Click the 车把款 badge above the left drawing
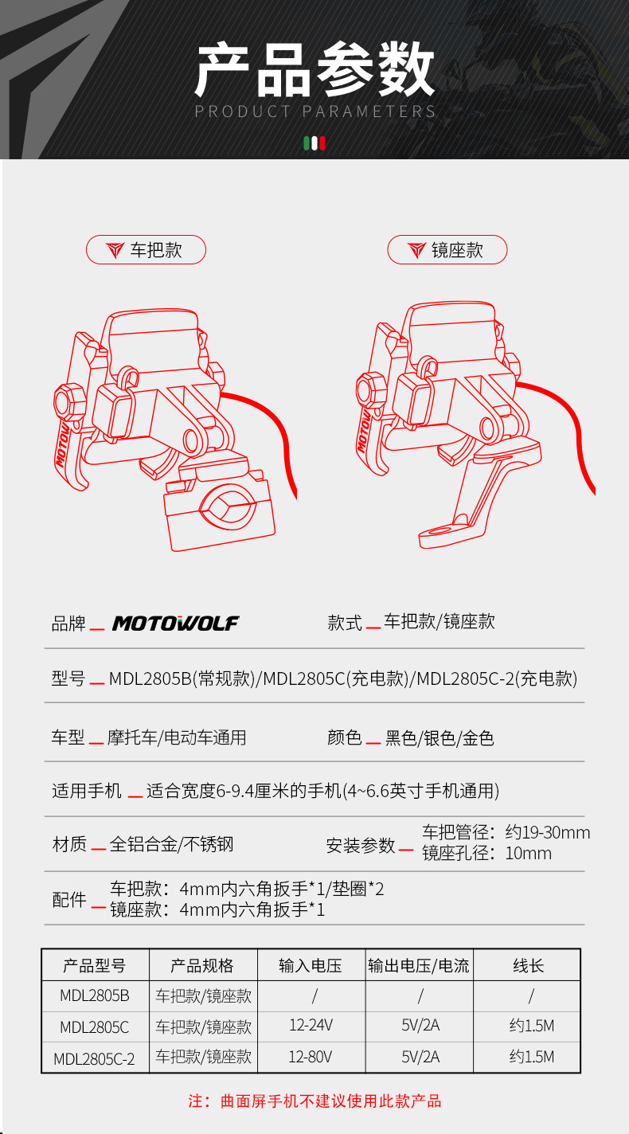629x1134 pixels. click(x=146, y=250)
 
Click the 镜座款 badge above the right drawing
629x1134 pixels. click(x=447, y=250)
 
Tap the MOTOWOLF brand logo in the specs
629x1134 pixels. click(x=175, y=623)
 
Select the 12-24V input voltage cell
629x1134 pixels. click(x=311, y=1026)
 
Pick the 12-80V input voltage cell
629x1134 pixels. click(x=311, y=1057)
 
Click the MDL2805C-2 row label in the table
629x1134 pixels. click(x=95, y=1058)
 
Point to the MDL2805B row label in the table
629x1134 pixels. click(x=95, y=995)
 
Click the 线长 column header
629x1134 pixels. click(x=527, y=965)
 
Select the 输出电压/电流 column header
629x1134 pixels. click(x=419, y=965)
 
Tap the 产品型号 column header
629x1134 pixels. click(x=95, y=965)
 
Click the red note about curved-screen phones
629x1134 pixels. click(x=314, y=1101)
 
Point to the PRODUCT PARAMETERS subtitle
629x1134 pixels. click(x=315, y=111)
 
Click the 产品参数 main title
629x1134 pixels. click(x=315, y=71)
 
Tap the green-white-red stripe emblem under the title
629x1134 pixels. click(x=314, y=143)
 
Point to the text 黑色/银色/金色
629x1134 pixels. click(x=440, y=737)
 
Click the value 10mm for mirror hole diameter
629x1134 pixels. click(x=528, y=854)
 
